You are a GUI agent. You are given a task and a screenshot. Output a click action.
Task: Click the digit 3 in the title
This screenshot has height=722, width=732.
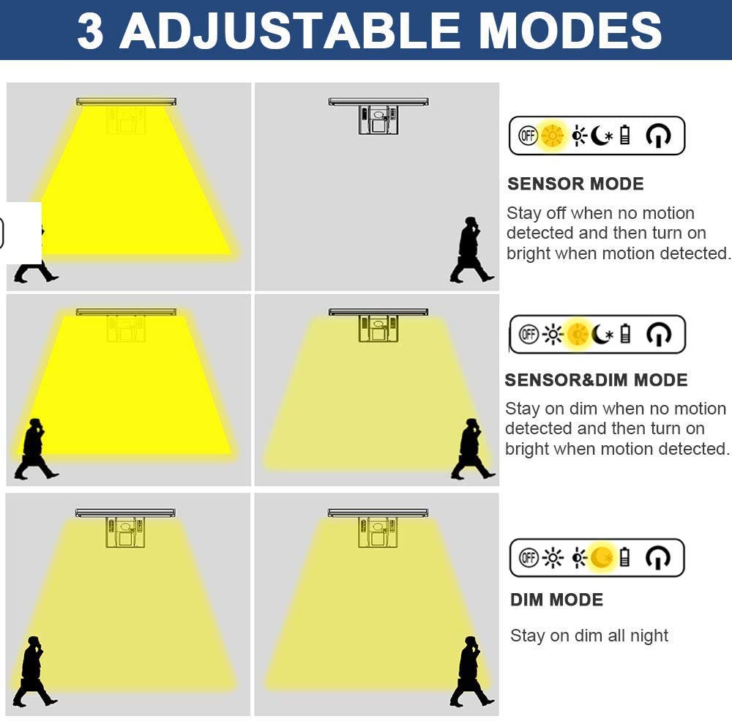pos(90,31)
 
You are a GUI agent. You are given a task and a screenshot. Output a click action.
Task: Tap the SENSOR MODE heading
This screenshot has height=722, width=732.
pos(575,184)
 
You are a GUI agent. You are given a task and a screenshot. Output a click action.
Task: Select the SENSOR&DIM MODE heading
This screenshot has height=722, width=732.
pos(596,380)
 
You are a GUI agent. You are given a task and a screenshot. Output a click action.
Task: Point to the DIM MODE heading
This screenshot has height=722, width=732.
pos(556,600)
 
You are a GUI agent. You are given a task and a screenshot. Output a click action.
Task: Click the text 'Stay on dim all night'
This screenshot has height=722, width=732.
pos(589,636)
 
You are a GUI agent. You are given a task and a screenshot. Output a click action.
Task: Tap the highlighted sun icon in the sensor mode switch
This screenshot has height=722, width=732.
pos(552,136)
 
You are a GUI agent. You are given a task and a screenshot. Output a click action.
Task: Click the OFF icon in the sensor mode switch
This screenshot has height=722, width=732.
pos(528,136)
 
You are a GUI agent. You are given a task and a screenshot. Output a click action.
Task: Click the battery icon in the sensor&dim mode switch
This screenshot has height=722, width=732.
pos(626,335)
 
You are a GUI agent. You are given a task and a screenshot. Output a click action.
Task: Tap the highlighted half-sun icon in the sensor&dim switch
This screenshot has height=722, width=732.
pos(578,335)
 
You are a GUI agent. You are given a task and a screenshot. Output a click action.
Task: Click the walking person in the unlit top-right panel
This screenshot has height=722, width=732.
pos(471,250)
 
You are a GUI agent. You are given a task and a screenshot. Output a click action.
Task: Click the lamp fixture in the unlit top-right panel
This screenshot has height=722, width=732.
pos(378,116)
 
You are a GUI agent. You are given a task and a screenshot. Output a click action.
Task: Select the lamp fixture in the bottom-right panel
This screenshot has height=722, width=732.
pos(378,528)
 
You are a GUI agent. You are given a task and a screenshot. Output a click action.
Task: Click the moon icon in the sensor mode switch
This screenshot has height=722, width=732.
pos(601,136)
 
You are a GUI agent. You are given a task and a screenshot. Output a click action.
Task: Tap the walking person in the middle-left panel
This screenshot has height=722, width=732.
pos(36,450)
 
